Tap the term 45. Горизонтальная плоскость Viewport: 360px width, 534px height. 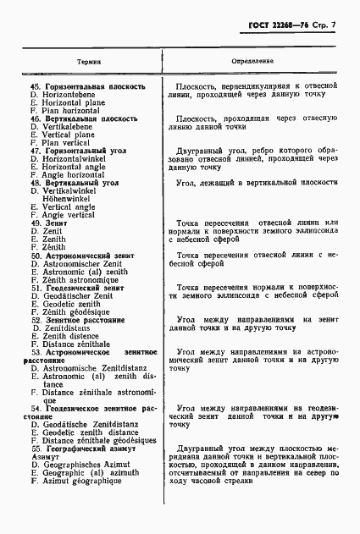click(x=87, y=86)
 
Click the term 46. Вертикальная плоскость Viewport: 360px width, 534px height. click(x=84, y=119)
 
